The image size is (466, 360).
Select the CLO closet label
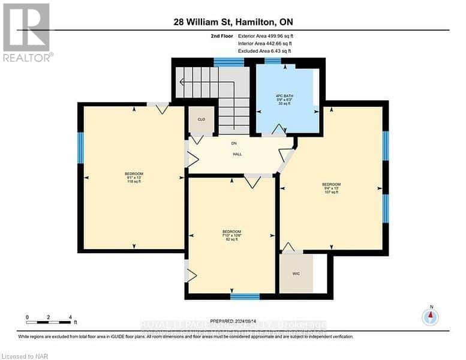tap(202, 119)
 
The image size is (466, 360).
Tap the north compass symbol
tap(430, 316)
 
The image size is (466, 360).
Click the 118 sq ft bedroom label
tap(134, 178)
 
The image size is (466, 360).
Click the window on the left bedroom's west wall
tap(80, 148)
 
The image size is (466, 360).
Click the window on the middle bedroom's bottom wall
tap(245, 296)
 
